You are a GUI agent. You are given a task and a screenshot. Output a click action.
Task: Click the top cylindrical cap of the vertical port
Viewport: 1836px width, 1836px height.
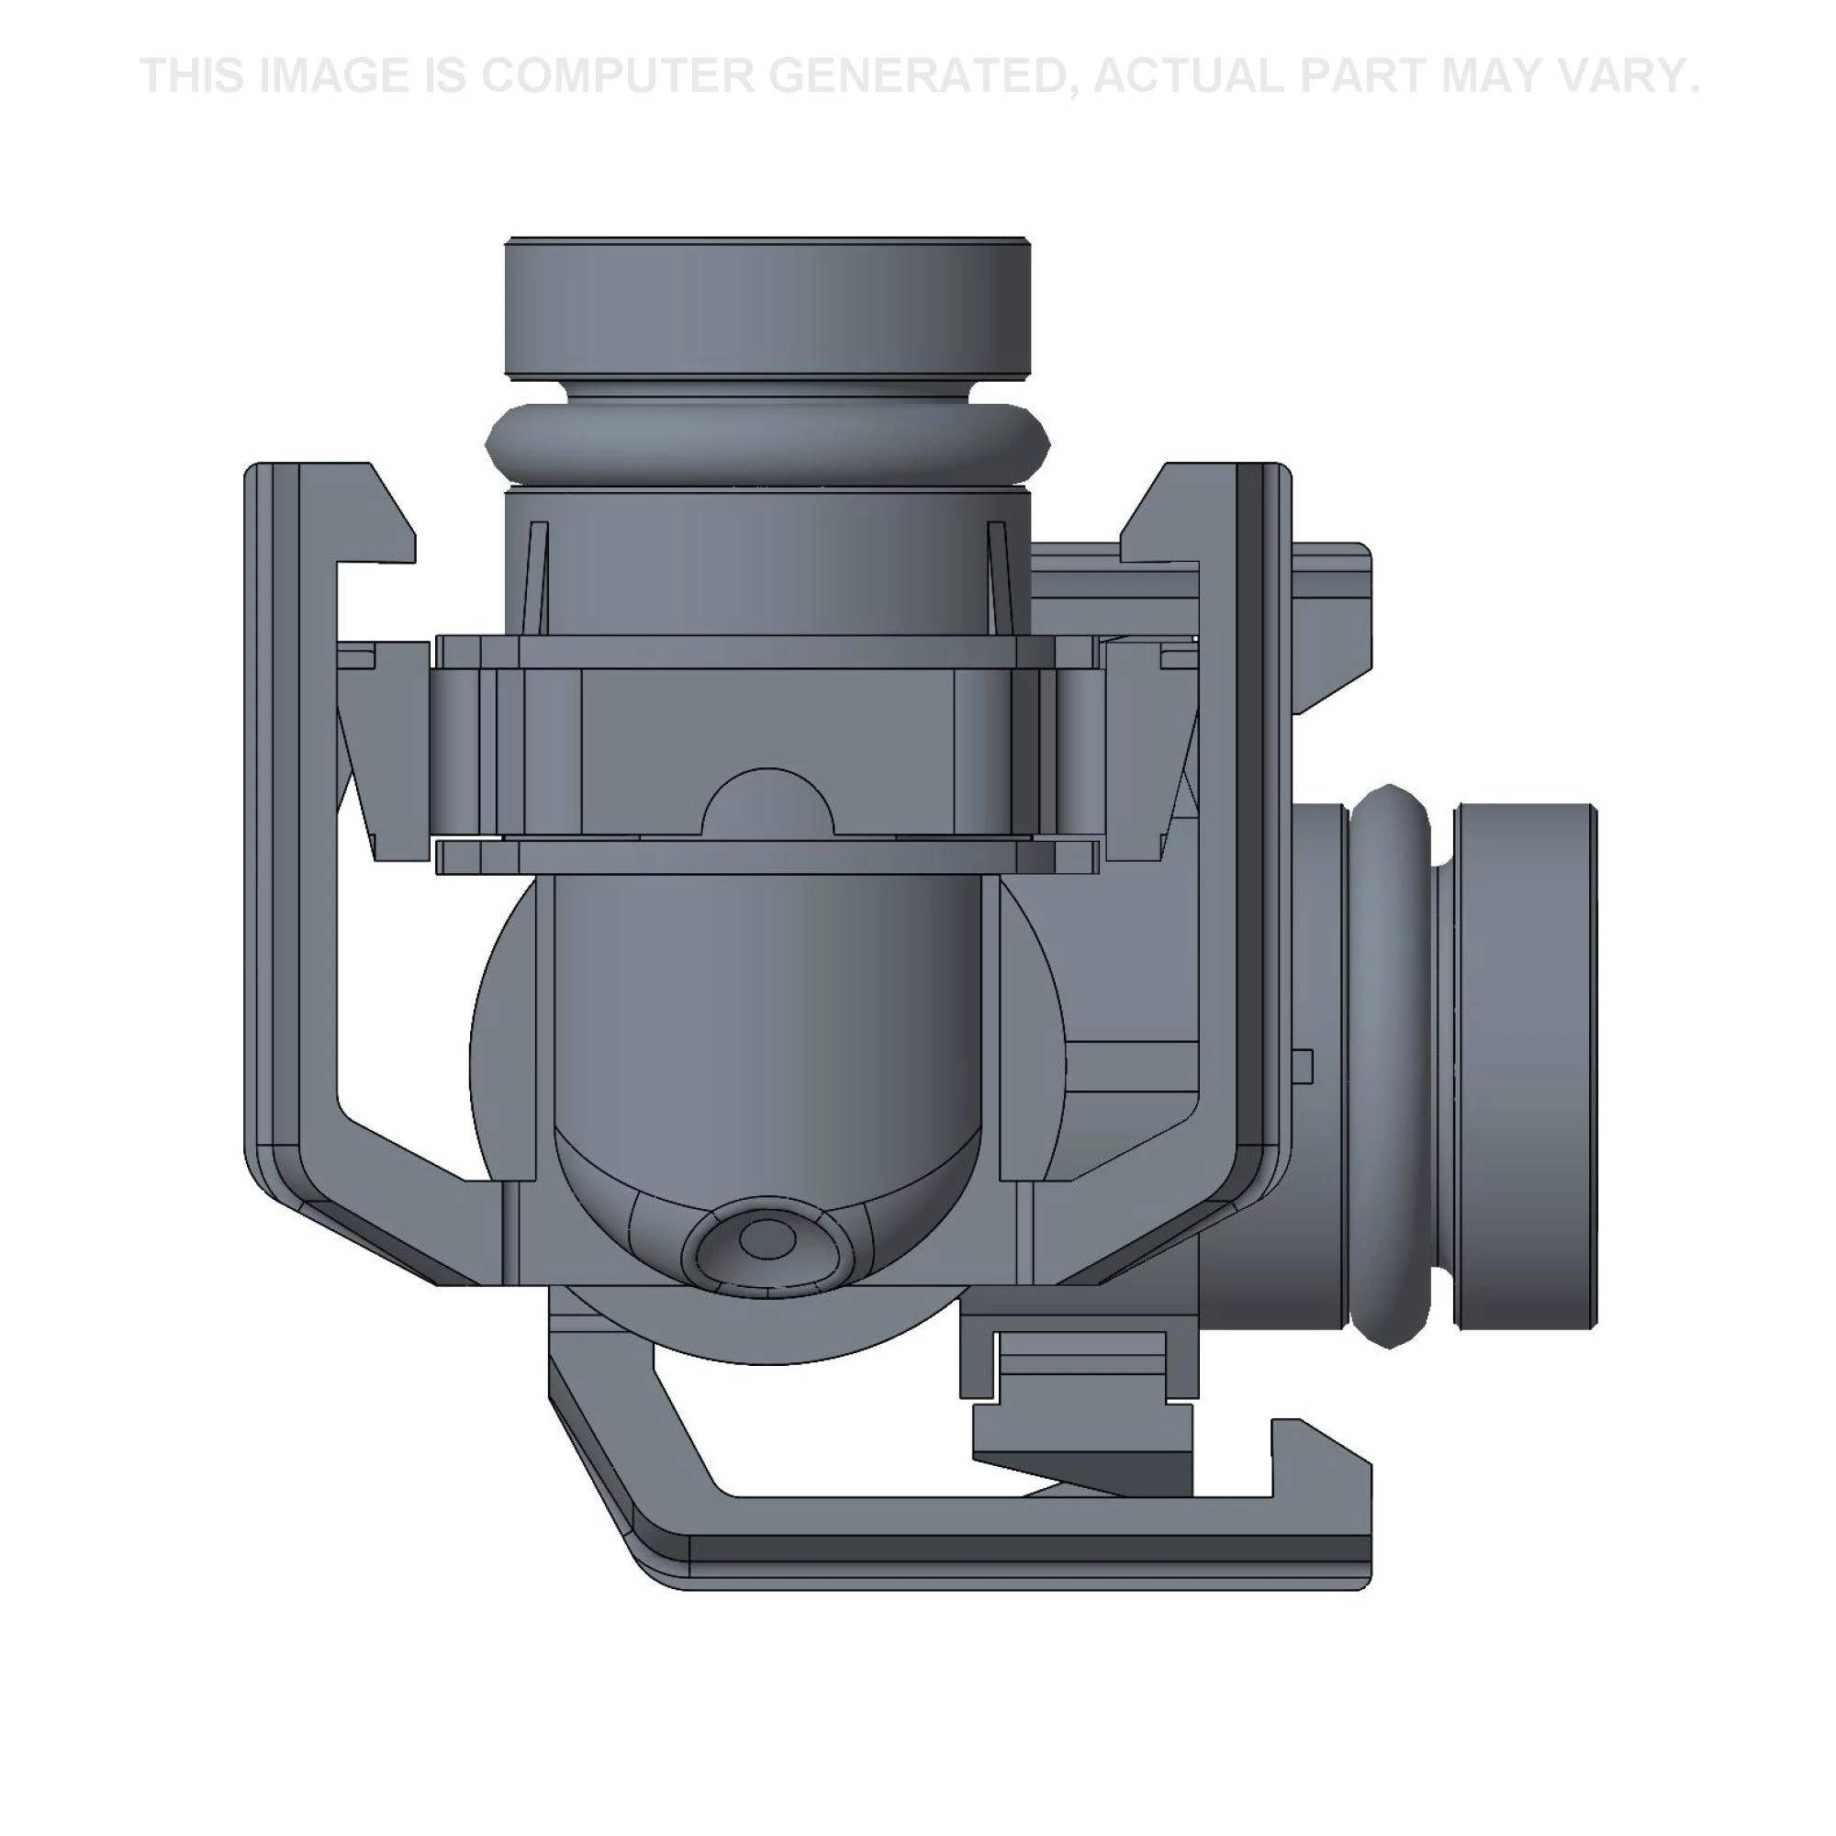click(x=767, y=308)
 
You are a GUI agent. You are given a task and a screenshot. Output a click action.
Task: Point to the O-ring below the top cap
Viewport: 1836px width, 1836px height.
click(x=767, y=442)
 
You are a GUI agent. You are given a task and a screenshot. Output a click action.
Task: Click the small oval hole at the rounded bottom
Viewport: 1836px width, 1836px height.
click(x=766, y=1240)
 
